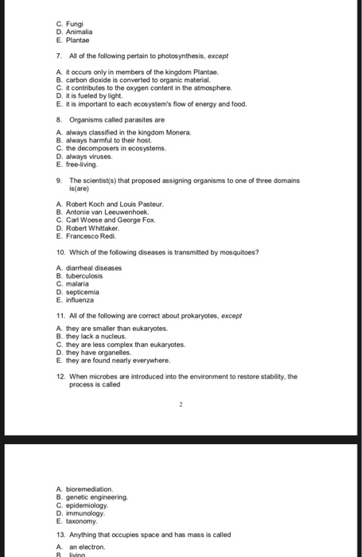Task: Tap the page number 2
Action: pos(181,403)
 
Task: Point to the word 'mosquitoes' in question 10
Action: pos(238,252)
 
